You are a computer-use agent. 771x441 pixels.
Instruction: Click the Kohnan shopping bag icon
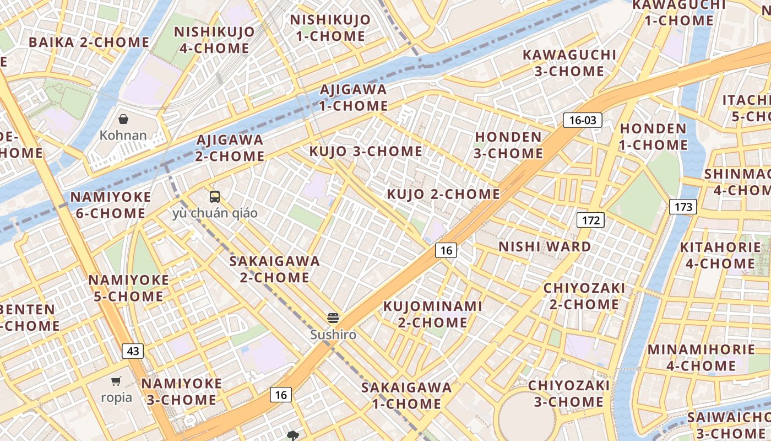click(124, 119)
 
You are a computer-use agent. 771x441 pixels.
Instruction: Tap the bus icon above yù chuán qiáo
click(215, 196)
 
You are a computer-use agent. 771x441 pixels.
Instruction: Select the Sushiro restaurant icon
click(333, 318)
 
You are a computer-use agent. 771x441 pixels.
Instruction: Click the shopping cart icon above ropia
click(116, 381)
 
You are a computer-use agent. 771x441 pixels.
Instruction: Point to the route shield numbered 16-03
click(582, 120)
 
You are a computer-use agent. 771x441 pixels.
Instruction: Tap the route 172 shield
click(590, 220)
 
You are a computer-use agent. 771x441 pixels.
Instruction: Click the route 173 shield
click(683, 207)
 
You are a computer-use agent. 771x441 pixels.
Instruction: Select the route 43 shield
click(133, 351)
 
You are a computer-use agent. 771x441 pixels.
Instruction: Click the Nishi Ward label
click(545, 246)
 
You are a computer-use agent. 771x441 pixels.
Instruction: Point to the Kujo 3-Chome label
click(366, 151)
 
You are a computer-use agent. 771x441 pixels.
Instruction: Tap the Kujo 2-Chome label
click(443, 194)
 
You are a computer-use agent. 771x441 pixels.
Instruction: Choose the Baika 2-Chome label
click(89, 42)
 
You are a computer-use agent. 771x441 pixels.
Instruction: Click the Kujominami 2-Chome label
click(432, 314)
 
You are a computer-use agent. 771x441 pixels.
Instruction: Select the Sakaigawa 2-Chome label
click(274, 268)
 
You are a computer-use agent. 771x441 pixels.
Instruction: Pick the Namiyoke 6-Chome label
click(110, 205)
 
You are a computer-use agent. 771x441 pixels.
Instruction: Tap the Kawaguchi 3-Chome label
click(569, 63)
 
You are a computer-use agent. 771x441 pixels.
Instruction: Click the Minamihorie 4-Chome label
click(701, 357)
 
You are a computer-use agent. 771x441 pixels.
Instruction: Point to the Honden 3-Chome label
click(508, 144)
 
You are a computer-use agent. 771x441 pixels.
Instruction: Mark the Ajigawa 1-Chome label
click(353, 97)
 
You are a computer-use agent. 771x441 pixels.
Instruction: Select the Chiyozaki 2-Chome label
click(584, 296)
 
